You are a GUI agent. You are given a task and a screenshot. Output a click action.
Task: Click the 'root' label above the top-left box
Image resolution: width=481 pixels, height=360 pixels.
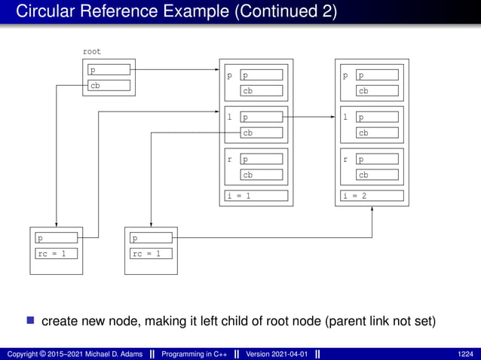click(x=91, y=52)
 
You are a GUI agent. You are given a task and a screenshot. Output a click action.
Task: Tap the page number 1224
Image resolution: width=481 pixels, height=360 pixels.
click(x=465, y=353)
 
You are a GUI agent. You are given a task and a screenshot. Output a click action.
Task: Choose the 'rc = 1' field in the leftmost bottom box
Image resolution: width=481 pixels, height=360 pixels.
click(x=56, y=253)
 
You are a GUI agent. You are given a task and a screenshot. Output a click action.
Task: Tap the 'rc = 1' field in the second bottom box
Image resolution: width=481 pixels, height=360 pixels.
click(x=150, y=253)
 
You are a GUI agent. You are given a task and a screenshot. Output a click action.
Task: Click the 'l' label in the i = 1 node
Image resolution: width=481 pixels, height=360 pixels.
click(x=229, y=117)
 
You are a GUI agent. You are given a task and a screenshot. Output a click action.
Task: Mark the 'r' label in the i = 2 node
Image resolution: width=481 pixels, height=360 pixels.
click(x=345, y=160)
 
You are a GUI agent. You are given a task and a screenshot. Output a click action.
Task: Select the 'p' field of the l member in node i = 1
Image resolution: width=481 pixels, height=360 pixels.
click(x=262, y=117)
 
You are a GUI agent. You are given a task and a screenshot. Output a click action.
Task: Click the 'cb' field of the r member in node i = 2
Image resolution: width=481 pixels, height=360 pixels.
click(x=378, y=175)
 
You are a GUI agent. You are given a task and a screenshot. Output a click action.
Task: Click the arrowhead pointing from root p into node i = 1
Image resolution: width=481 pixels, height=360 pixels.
click(x=215, y=70)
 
